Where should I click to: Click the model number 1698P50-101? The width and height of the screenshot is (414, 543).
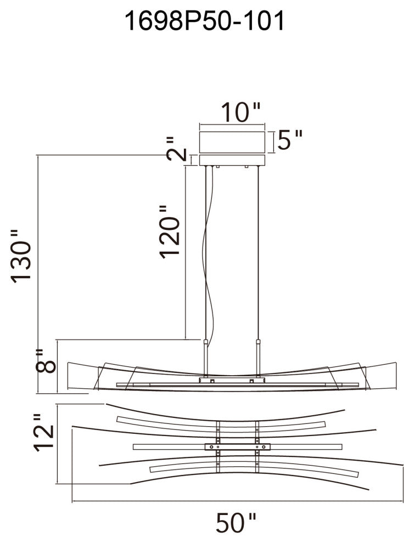pyautogui.click(x=205, y=21)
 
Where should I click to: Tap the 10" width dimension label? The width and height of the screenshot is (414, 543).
pyautogui.click(x=240, y=112)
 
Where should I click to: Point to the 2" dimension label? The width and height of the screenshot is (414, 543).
pyautogui.click(x=176, y=149)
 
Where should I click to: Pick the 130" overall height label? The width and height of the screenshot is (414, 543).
pyautogui.click(x=21, y=257)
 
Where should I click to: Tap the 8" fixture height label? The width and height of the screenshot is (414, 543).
pyautogui.click(x=46, y=361)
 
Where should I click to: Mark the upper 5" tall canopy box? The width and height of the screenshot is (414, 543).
pyautogui.click(x=232, y=142)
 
